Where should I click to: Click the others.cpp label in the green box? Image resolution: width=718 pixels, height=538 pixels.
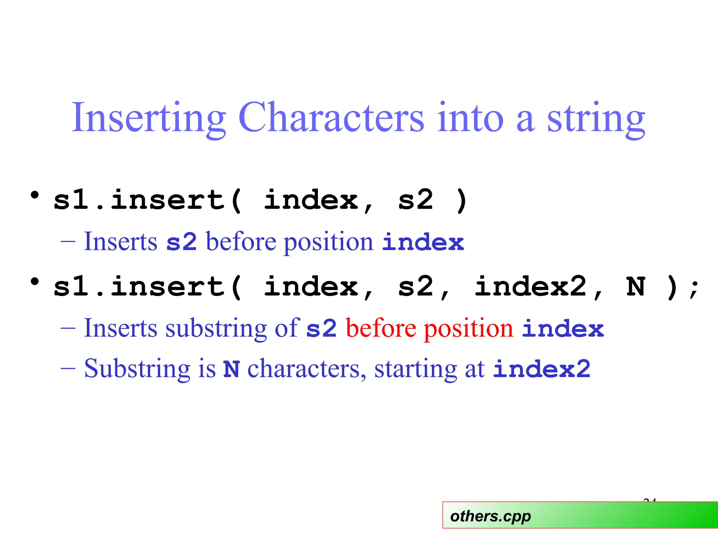490,516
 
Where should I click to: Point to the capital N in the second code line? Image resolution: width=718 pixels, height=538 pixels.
636,287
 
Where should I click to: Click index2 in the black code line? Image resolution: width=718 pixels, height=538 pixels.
530,287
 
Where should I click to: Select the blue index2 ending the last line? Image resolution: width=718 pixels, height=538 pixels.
542,369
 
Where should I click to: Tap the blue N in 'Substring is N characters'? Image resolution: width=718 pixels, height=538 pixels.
231,369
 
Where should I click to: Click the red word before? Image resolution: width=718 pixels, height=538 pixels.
381,328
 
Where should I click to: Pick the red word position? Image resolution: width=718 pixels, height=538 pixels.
468,328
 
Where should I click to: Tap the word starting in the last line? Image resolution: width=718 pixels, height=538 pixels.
416,369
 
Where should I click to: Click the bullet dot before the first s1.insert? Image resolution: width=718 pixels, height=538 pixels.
34,195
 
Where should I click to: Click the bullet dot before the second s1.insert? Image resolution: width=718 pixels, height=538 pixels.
34,282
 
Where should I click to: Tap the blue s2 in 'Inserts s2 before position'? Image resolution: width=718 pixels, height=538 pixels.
181,242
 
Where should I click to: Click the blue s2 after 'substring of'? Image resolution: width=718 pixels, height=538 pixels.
321,328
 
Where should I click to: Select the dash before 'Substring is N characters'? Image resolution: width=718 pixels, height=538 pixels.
68,369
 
